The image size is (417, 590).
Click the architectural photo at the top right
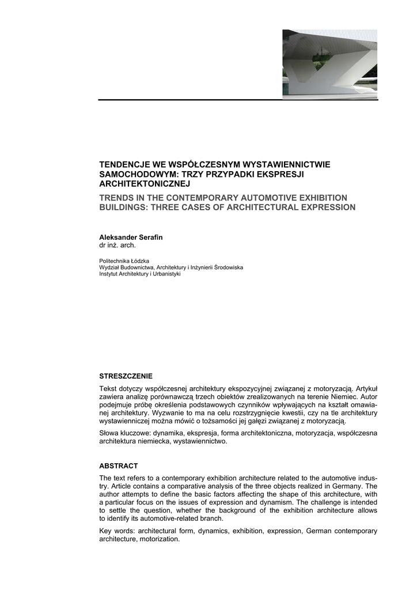[329, 64]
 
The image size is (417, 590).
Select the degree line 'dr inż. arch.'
[117, 245]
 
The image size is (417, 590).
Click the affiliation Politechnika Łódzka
[124, 261]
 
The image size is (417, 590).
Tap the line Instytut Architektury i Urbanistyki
[140, 274]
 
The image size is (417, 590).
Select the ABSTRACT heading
[119, 466]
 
